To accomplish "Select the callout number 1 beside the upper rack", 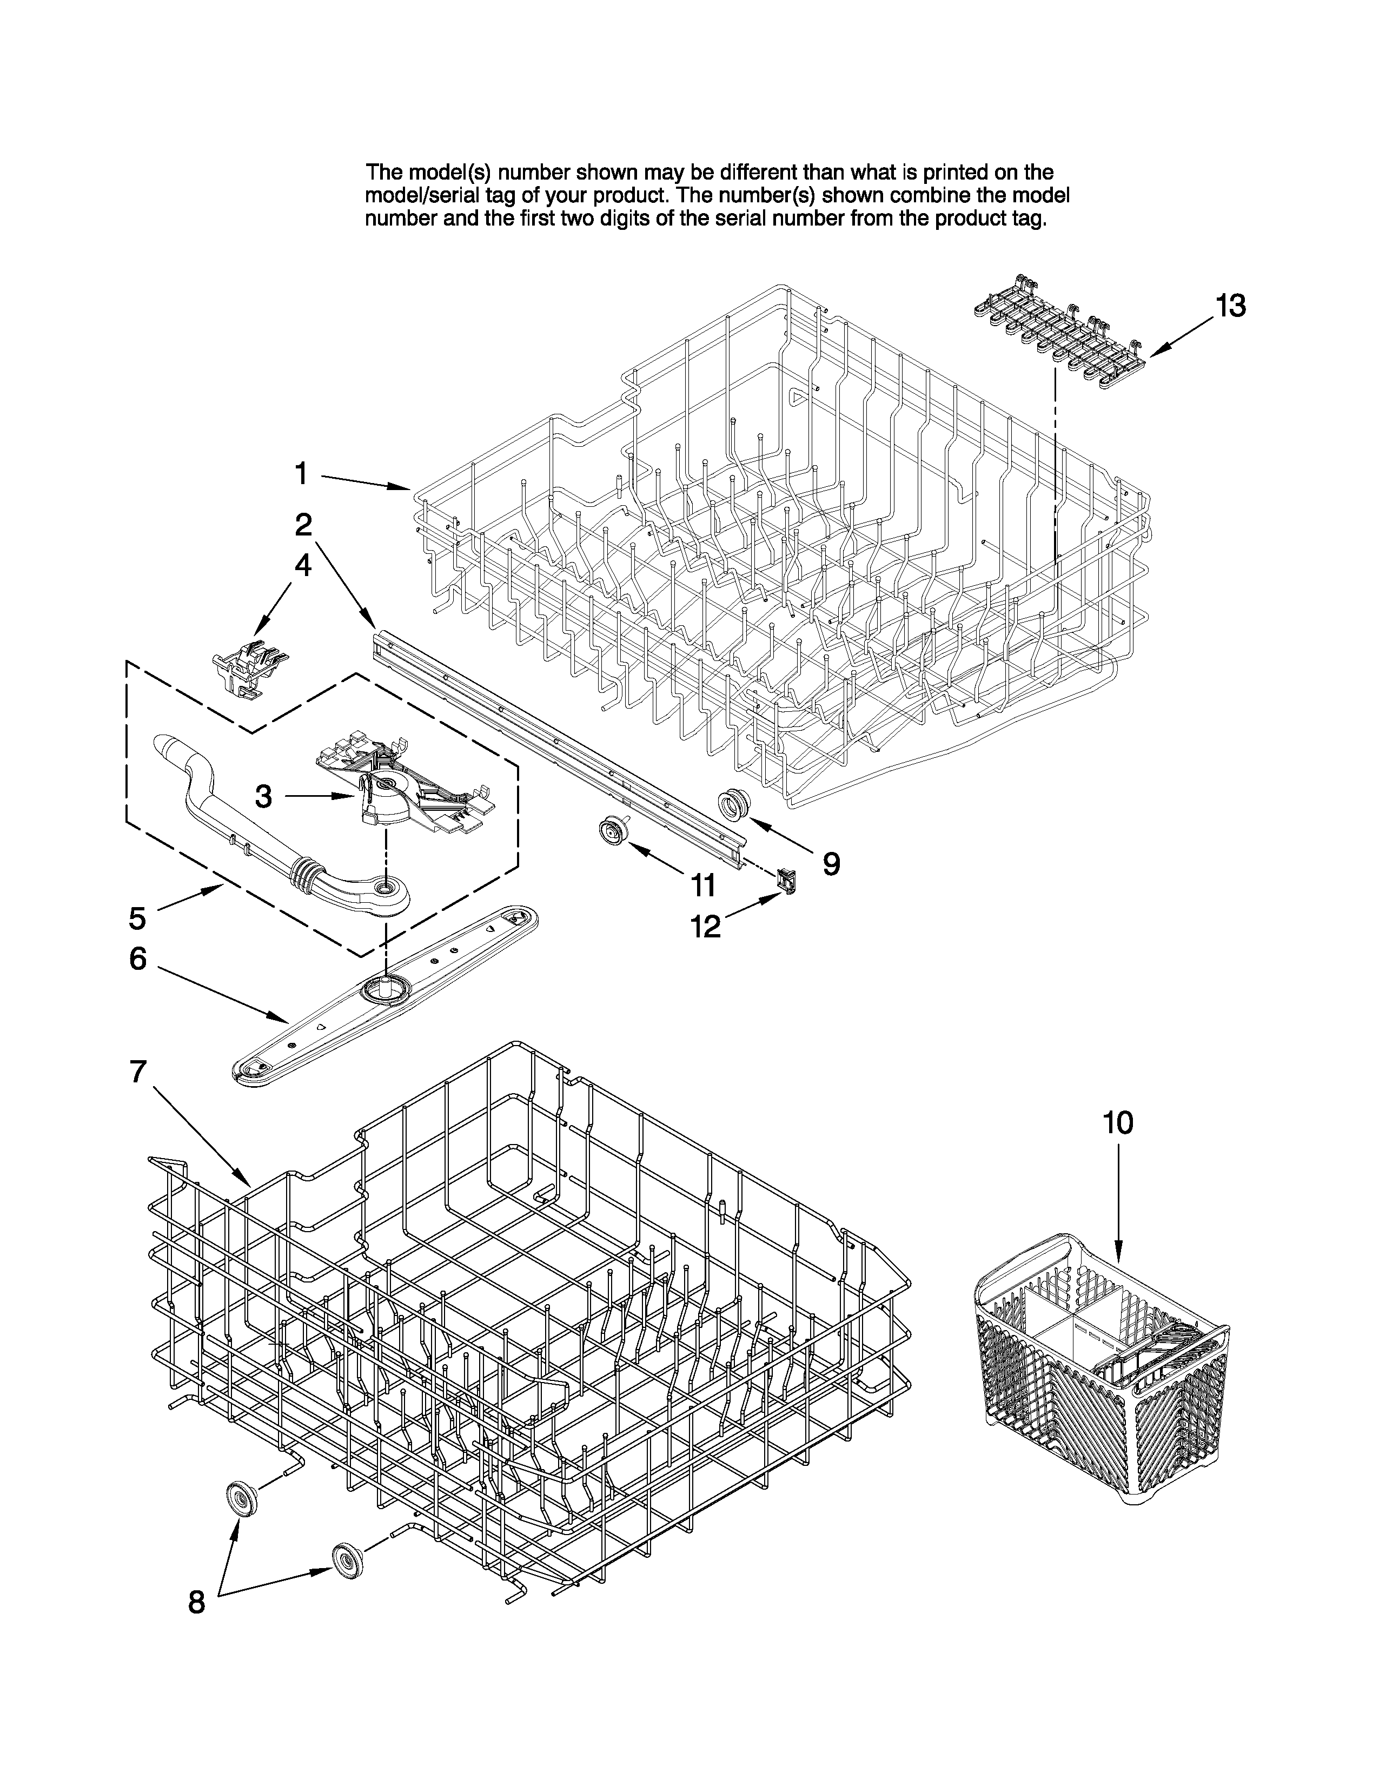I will click(x=301, y=473).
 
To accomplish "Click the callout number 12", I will click(x=705, y=926).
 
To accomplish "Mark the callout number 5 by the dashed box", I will click(x=137, y=918).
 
